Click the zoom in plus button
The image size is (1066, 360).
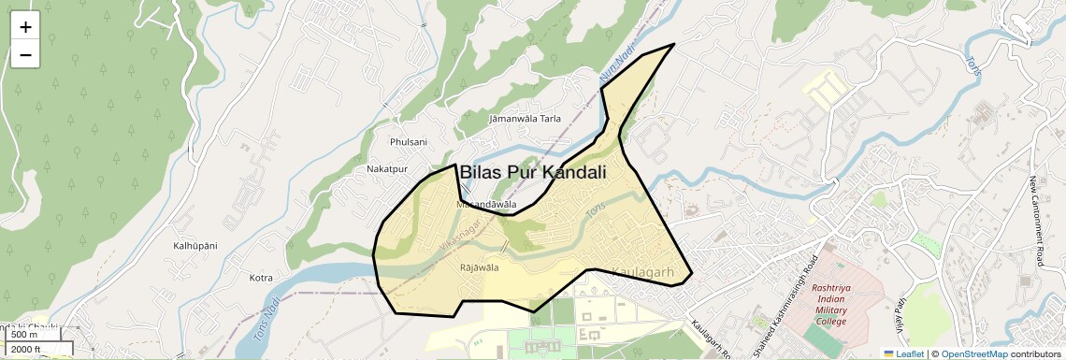coord(25,28)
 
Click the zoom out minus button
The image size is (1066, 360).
coord(25,55)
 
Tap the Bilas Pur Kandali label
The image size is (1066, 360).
coord(533,173)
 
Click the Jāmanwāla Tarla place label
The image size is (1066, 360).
coord(525,119)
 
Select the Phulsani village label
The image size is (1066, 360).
coord(408,142)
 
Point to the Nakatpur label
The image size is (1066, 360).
coord(388,169)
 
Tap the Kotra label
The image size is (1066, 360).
coord(261,278)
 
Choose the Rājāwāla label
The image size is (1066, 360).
coord(480,268)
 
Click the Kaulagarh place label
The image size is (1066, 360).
coord(642,271)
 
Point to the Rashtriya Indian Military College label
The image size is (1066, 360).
coord(830,306)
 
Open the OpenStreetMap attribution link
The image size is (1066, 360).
coord(974,353)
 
